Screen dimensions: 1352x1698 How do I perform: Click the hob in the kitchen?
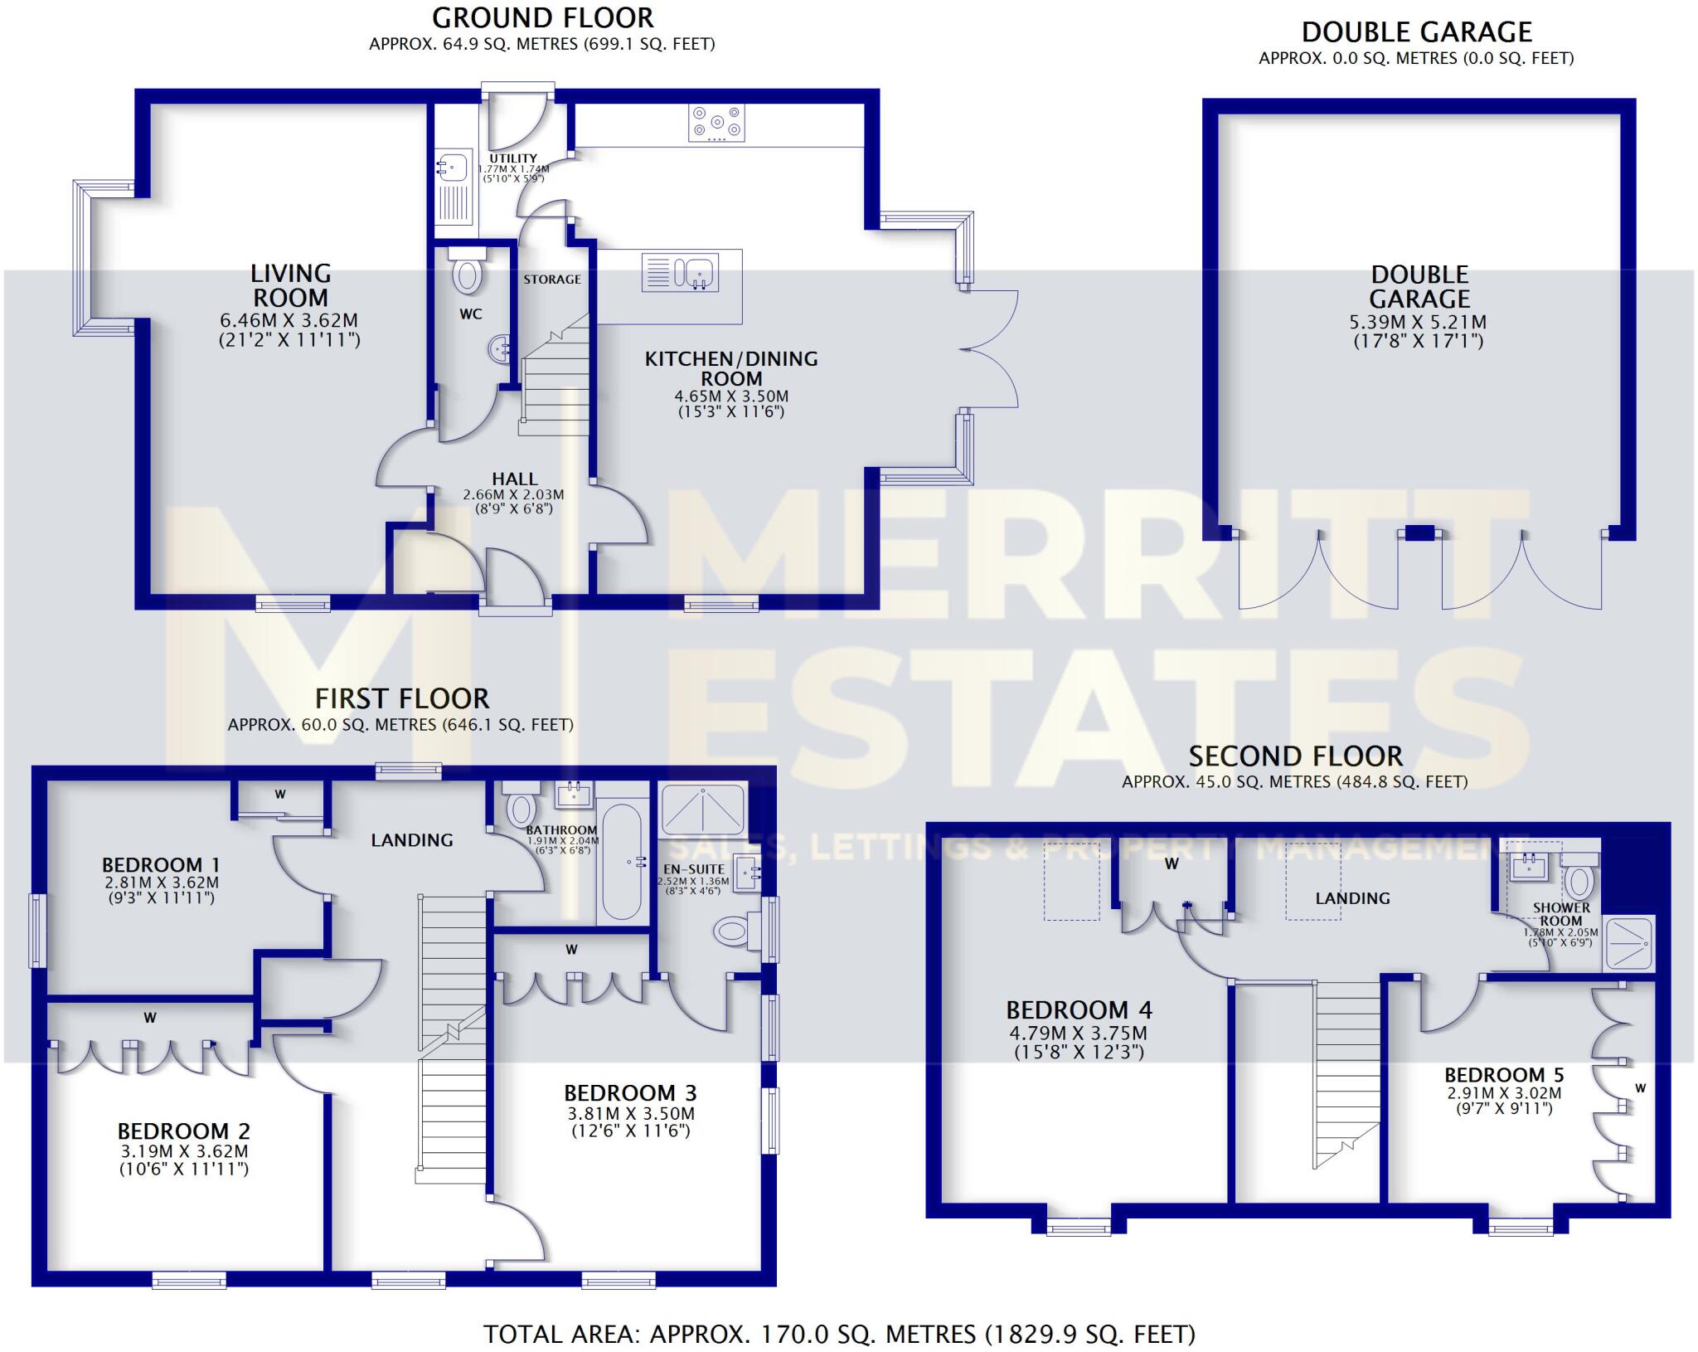[x=716, y=123]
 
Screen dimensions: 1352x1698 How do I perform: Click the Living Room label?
[x=290, y=285]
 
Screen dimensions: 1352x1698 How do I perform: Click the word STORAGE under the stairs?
[x=552, y=280]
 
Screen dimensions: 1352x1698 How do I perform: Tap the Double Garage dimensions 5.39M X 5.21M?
[x=1419, y=323]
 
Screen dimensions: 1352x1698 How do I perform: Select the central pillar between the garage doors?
[x=1419, y=533]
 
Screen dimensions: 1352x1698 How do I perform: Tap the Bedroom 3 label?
[x=630, y=1093]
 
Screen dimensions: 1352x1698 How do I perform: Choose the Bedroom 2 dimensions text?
[x=184, y=1160]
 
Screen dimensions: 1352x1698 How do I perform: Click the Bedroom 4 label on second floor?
[x=1079, y=1010]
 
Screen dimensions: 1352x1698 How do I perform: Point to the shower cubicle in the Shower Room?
[x=1629, y=942]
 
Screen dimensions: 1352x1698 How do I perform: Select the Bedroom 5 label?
[x=1504, y=1076]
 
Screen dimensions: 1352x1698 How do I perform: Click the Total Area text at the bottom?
[x=839, y=1335]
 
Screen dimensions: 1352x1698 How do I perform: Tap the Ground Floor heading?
[x=542, y=17]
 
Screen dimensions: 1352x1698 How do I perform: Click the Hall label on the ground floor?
[x=514, y=479]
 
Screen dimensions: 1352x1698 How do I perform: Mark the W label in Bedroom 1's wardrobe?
[x=280, y=794]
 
